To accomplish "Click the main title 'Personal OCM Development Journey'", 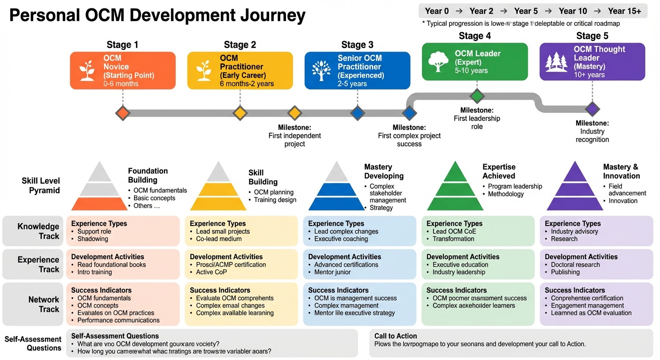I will tap(157, 16).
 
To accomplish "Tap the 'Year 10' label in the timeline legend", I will tap(573, 11).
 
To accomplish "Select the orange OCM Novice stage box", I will tap(123, 70).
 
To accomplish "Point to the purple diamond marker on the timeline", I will tap(592, 109).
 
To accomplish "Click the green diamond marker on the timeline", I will tap(477, 96).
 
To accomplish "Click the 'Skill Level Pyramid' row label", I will tap(41, 186).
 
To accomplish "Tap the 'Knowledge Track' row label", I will tap(38, 231).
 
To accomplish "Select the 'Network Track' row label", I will tap(44, 304).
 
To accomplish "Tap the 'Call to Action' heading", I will tap(396, 336).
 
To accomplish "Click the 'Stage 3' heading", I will tap(357, 45).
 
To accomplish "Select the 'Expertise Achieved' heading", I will tap(499, 171).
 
